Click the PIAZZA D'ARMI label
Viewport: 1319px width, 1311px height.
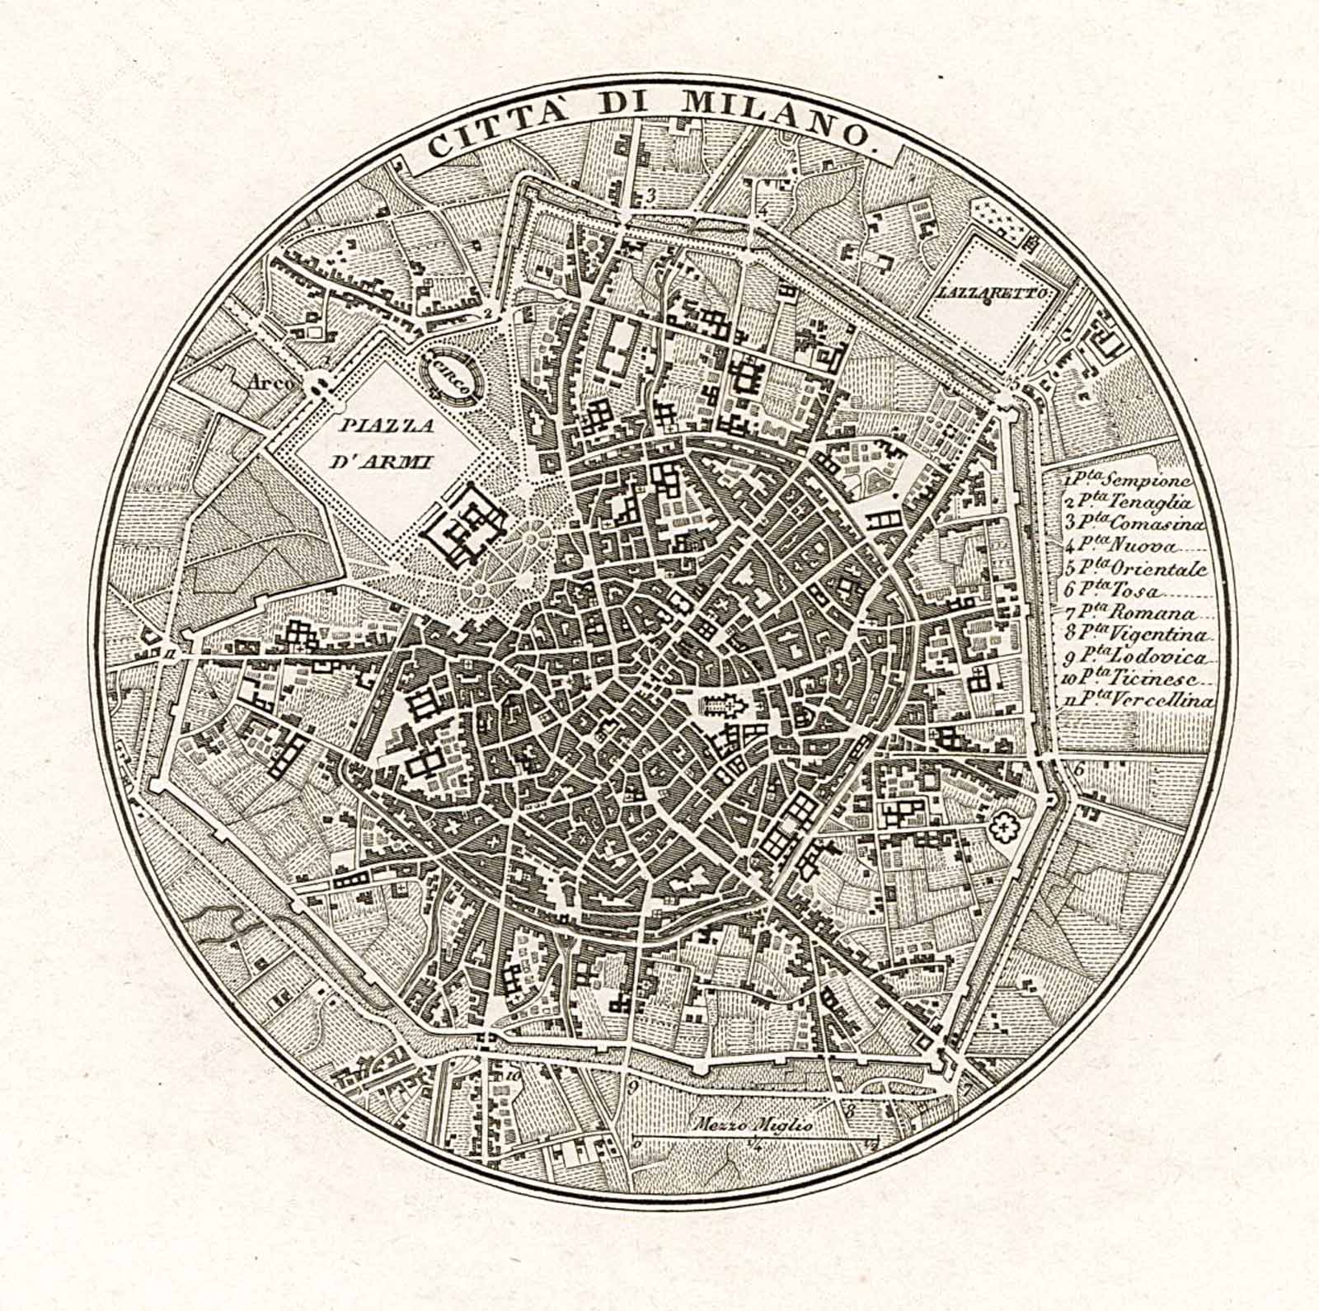pyautogui.click(x=381, y=443)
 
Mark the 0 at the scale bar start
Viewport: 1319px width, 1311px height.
pyautogui.click(x=636, y=1143)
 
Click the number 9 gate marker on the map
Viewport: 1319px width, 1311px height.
pyautogui.click(x=633, y=1086)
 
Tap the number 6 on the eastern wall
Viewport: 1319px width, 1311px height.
pyautogui.click(x=1077, y=769)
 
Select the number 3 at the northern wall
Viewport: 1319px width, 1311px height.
pyautogui.click(x=650, y=195)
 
